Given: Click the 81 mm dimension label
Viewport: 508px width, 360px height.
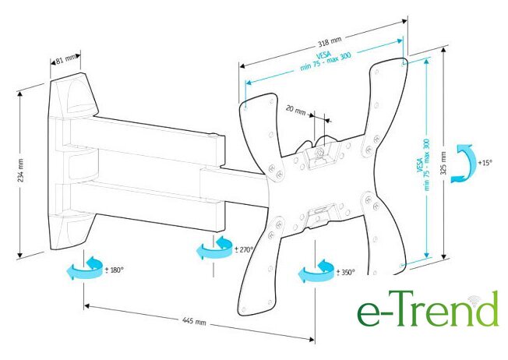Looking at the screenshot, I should click(x=66, y=58).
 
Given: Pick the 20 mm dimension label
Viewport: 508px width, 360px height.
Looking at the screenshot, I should click(x=295, y=110).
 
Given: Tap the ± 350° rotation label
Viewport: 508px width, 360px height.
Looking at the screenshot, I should click(x=344, y=272).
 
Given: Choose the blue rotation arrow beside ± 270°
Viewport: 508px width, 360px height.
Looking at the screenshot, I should click(x=211, y=247).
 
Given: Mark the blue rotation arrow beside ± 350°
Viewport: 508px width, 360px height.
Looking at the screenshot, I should click(x=316, y=270).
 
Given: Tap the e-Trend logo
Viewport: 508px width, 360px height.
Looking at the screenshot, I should click(x=427, y=309).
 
